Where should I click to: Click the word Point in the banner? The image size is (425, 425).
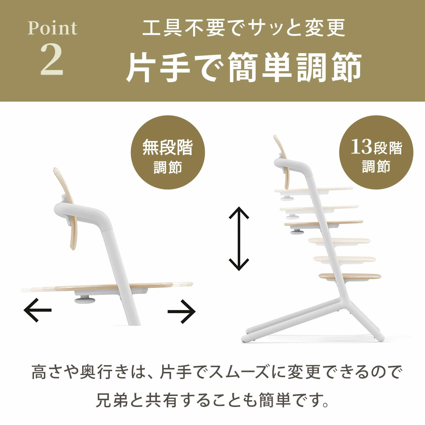tap(52, 29)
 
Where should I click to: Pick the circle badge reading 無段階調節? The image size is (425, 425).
tap(168, 156)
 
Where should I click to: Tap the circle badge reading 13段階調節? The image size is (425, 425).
tap(376, 156)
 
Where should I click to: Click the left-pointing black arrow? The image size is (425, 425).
tap(38, 310)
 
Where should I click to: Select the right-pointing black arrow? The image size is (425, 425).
tap(182, 311)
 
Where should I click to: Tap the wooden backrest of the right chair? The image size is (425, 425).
tap(280, 149)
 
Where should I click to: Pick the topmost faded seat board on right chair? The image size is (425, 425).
tap(314, 189)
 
